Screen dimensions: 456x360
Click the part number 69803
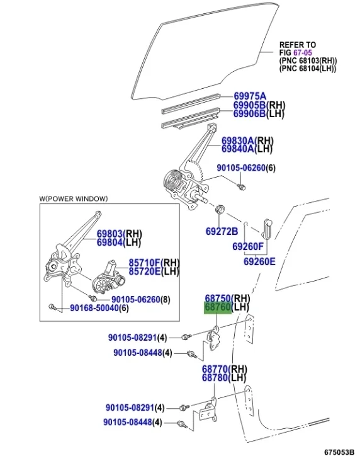[110, 233]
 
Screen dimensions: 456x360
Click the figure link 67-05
[301, 53]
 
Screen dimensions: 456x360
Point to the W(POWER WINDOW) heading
[73, 199]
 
